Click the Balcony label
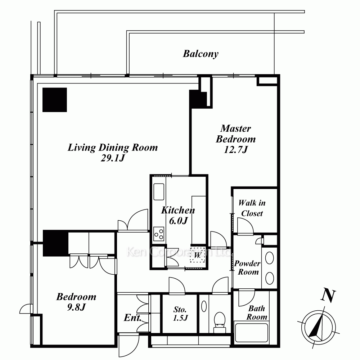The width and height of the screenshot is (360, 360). click(201, 54)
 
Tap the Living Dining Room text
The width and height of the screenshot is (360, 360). click(113, 148)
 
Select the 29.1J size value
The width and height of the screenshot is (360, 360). click(113, 158)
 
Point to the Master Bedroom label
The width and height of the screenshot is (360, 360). click(236, 134)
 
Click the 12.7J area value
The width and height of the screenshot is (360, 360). click(236, 150)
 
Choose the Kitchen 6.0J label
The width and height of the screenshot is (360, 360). click(178, 215)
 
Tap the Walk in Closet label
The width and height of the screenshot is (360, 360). click(252, 208)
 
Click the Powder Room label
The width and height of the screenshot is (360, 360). click(248, 268)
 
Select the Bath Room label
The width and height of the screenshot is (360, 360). click(257, 313)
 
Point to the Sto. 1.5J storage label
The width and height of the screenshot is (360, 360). click(180, 314)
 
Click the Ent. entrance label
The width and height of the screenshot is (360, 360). click(132, 318)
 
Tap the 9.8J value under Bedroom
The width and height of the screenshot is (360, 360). click(76, 307)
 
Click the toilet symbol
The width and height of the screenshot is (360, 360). click(220, 322)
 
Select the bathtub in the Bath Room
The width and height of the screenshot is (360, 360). click(251, 333)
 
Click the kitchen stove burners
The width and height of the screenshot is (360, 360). click(159, 234)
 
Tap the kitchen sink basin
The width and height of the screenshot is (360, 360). click(159, 192)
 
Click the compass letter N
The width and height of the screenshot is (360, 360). click(328, 296)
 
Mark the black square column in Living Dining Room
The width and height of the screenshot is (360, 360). click(55, 100)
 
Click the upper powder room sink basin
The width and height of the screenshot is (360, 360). click(270, 258)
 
